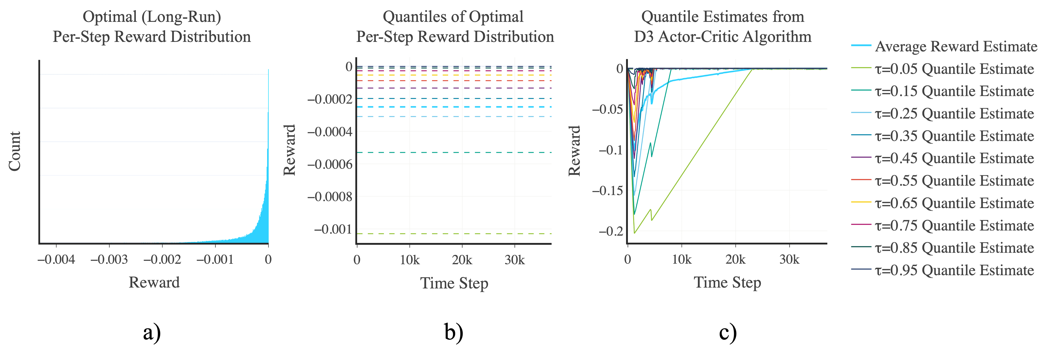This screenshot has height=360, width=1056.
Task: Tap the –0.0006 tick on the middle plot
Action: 330,164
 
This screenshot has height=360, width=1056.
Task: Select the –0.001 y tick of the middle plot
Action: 333,229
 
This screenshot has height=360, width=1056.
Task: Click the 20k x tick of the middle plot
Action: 462,260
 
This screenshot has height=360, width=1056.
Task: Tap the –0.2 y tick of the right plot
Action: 612,231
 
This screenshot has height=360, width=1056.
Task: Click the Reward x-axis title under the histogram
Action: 154,282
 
